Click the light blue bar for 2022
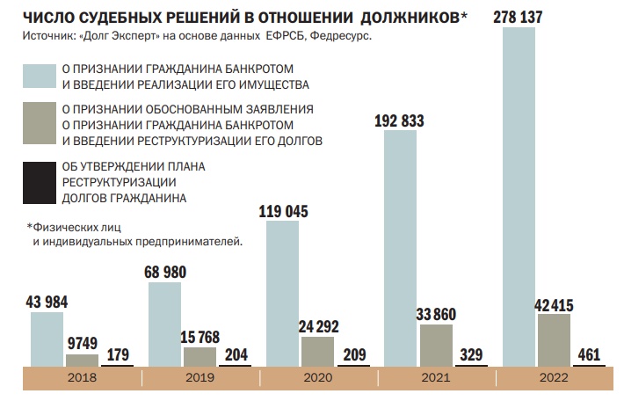(519, 197)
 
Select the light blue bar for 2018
(47, 339)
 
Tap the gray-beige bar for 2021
(436, 346)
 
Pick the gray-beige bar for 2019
(200, 357)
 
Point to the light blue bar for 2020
(282, 294)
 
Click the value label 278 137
(518, 17)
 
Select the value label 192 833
(399, 120)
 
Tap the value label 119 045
(283, 211)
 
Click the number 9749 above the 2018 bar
(83, 343)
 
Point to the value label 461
(589, 354)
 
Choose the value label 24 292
(318, 327)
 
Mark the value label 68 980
(165, 273)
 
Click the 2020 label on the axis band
(318, 377)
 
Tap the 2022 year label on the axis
(554, 377)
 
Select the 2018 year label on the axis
(82, 377)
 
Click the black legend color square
(40, 183)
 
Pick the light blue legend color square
(40, 76)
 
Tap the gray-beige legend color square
(40, 123)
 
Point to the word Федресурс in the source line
(341, 36)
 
